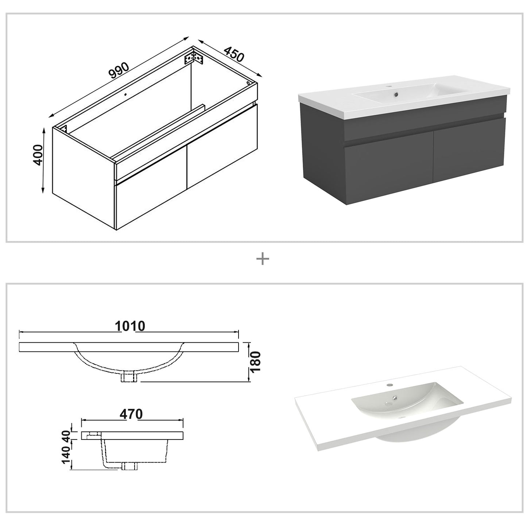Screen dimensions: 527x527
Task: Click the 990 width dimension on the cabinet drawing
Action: tap(119, 71)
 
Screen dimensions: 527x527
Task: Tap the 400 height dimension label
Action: tap(38, 155)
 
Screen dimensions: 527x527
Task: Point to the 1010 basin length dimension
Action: tap(130, 326)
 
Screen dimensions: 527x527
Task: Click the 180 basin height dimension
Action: tap(255, 361)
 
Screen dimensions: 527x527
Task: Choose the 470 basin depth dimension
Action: tap(131, 414)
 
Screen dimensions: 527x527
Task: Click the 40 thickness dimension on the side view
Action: tap(66, 435)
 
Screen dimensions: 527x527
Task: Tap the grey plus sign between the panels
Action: tap(263, 259)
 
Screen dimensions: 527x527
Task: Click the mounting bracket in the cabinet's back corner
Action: tap(194, 58)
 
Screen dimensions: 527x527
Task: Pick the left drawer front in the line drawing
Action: tap(150, 204)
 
